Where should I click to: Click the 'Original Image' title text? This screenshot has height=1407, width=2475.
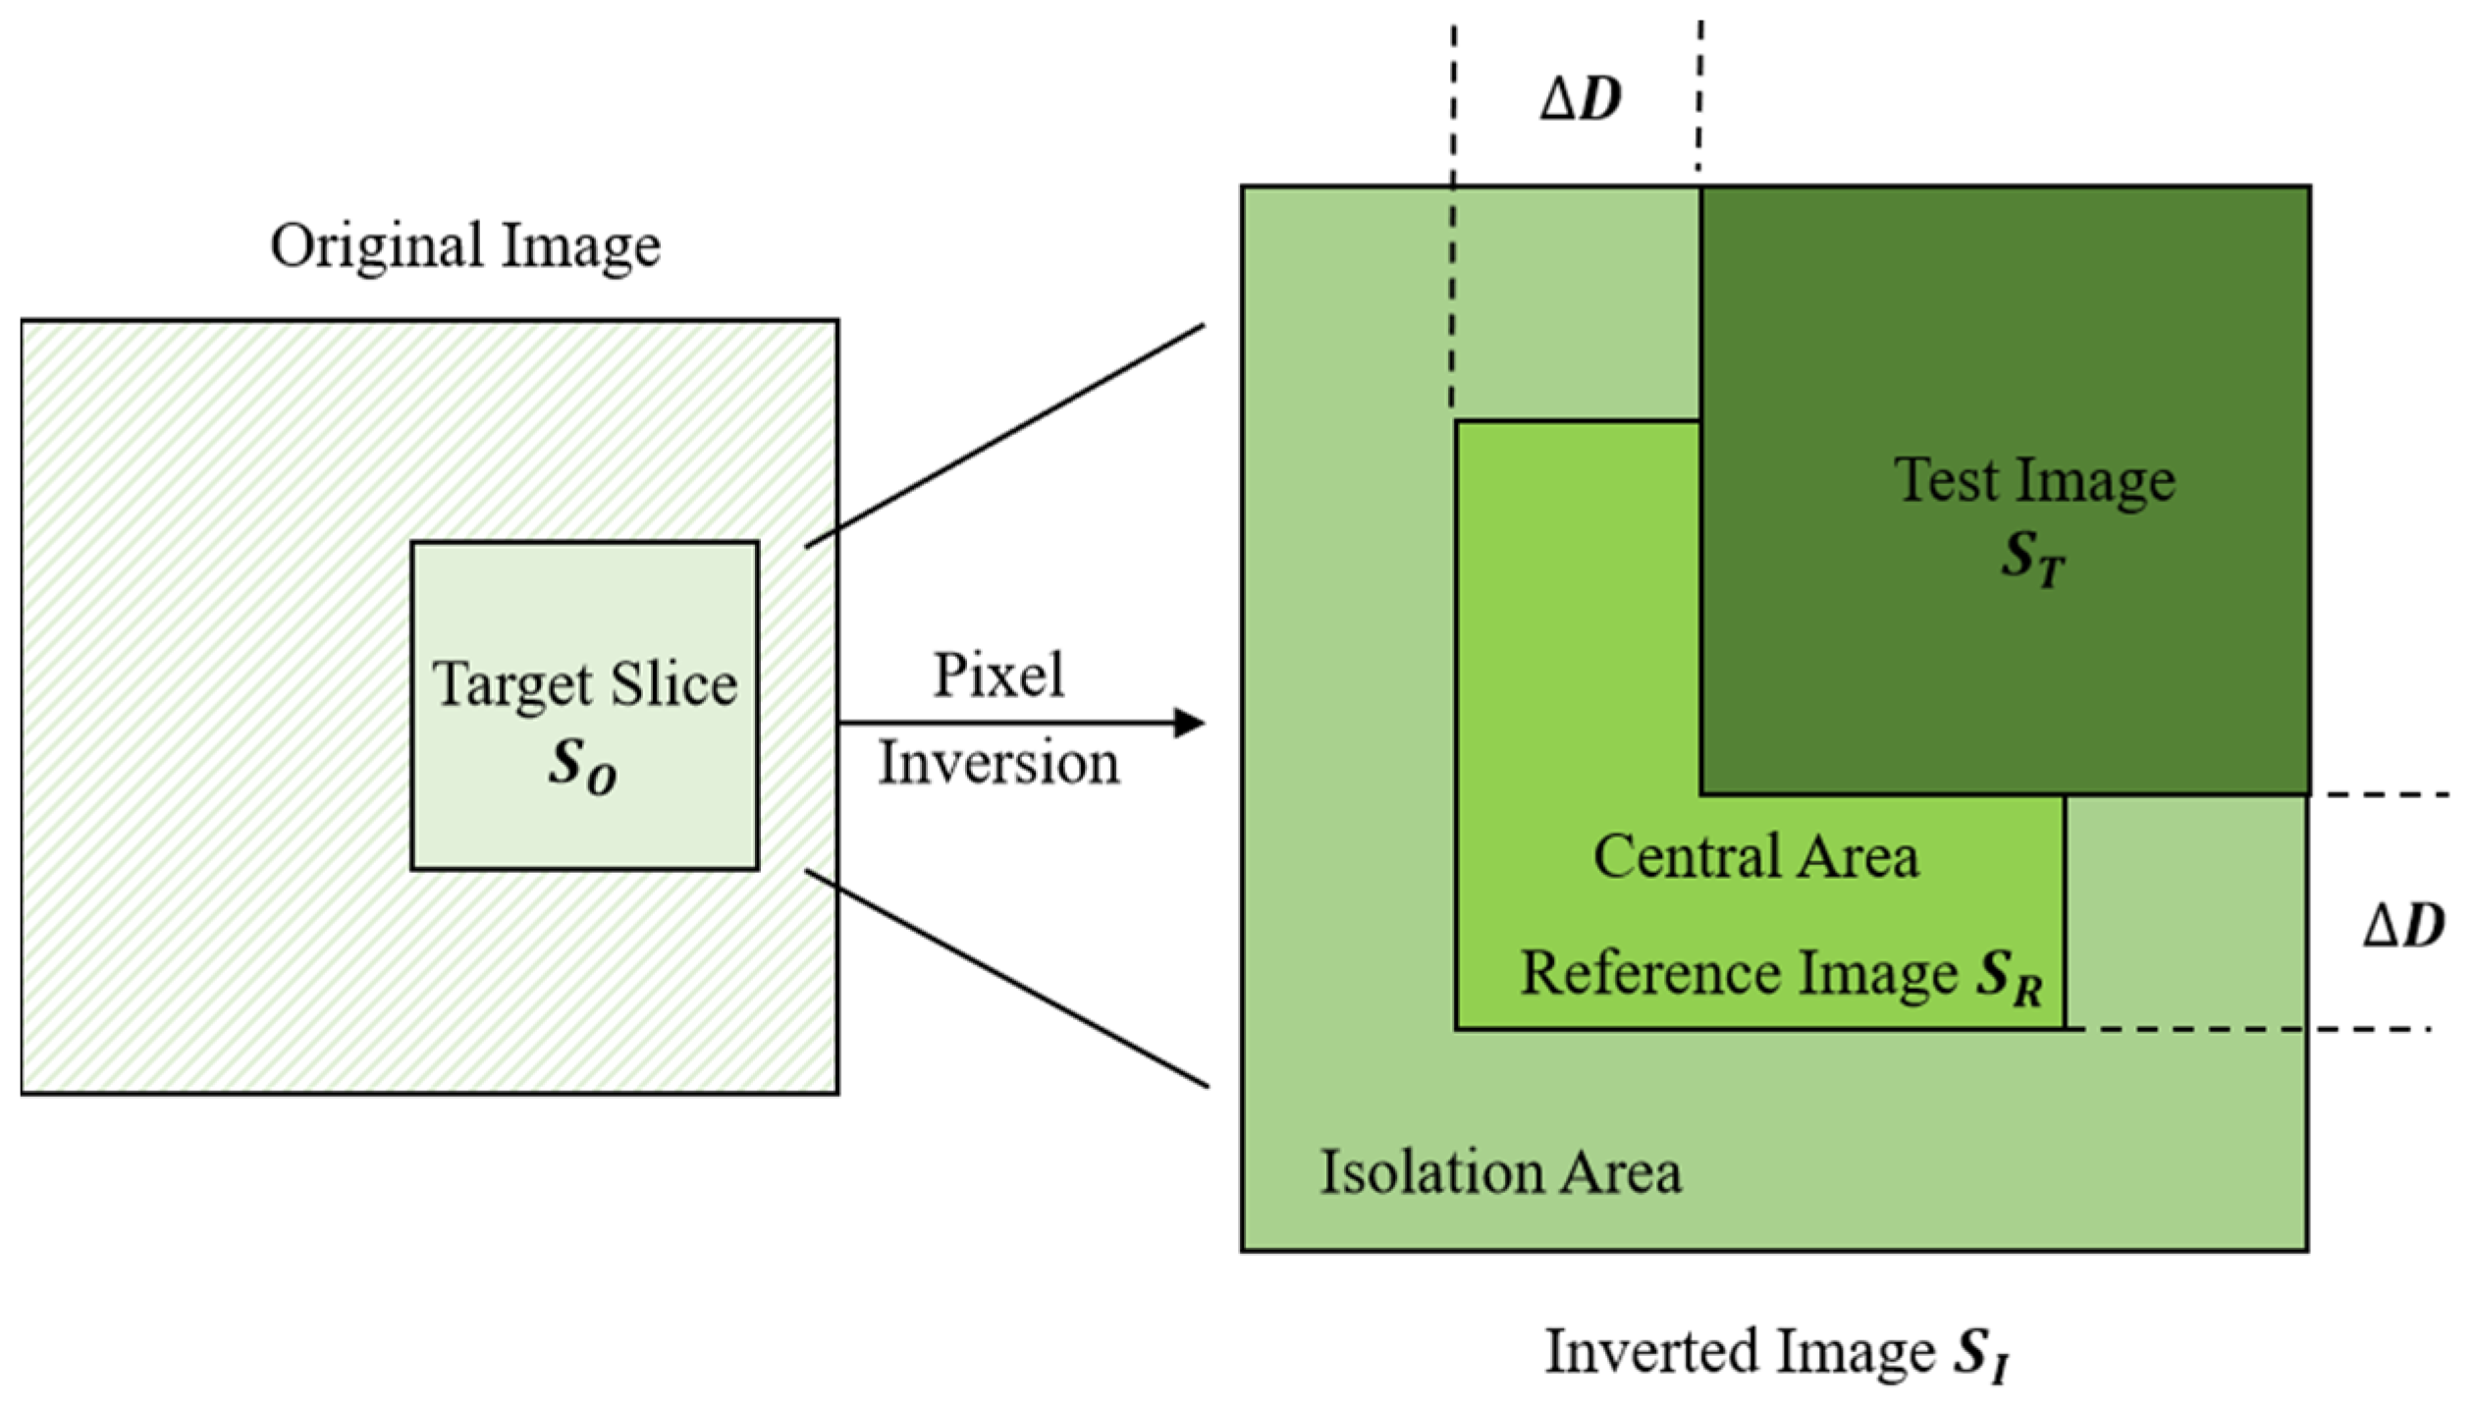[464, 246]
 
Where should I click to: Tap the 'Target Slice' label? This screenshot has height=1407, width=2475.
[584, 684]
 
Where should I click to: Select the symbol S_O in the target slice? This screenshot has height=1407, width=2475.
[582, 765]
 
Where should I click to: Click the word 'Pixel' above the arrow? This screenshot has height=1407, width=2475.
[997, 676]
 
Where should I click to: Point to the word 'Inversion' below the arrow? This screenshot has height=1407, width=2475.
[997, 763]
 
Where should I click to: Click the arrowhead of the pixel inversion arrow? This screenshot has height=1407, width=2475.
[1189, 724]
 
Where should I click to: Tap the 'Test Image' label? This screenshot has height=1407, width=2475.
[2034, 481]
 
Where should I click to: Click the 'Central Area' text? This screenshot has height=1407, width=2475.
[1755, 856]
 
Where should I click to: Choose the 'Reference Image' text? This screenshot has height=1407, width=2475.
[1739, 974]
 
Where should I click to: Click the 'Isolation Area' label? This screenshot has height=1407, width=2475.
[1499, 1172]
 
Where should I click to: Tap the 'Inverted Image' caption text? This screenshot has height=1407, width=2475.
[1740, 1352]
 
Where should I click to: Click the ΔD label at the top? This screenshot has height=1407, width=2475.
[1580, 99]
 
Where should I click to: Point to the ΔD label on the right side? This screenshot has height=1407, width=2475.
[2403, 925]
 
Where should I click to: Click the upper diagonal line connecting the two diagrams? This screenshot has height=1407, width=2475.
[1004, 436]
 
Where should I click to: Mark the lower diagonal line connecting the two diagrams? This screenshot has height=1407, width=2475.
[1006, 978]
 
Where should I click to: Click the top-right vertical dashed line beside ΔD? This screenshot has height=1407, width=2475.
[1699, 93]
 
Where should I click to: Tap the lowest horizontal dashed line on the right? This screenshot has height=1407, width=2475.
[2258, 1029]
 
